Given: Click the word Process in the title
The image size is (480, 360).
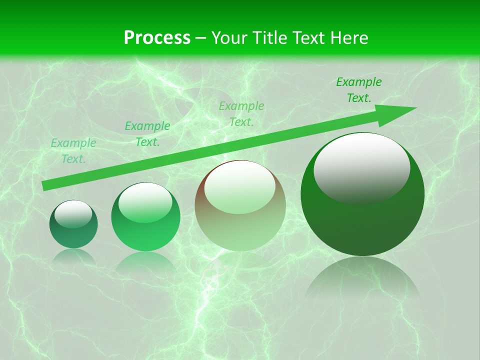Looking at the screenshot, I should [x=157, y=38].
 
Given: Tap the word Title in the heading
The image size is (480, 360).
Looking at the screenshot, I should [x=268, y=38].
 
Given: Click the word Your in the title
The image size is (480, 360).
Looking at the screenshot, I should [x=230, y=38].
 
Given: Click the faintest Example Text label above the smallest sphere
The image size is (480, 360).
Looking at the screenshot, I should [x=73, y=151].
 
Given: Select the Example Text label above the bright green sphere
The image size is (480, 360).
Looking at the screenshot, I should [x=147, y=134].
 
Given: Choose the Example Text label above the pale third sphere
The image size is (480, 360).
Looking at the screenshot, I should [x=241, y=114].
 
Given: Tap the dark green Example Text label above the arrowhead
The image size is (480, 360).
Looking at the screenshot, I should [x=359, y=90].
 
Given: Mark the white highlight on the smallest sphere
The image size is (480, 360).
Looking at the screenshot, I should [x=73, y=212].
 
